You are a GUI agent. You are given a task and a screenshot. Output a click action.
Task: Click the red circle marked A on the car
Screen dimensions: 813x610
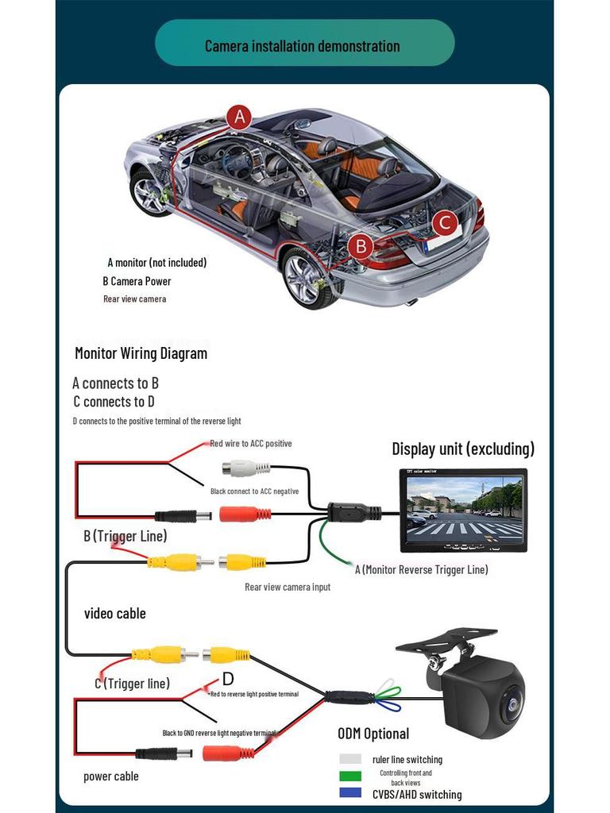[x=239, y=118]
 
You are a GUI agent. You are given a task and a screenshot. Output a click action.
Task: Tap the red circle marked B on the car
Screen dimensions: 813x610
[x=361, y=246]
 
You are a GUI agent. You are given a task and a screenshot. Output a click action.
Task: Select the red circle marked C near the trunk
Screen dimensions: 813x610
[x=445, y=223]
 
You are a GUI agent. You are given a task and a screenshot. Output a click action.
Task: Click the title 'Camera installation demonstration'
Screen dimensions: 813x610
[x=303, y=45]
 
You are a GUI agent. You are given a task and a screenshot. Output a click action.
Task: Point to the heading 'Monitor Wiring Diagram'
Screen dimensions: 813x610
[x=141, y=353]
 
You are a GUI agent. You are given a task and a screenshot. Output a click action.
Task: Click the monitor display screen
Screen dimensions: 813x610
[x=465, y=505]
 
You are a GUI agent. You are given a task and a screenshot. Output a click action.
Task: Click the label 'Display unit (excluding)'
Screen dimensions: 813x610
[x=463, y=449]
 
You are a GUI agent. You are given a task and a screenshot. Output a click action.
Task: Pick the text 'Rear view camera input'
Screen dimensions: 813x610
[x=288, y=587]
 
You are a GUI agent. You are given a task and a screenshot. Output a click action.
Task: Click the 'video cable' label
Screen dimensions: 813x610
[x=115, y=613]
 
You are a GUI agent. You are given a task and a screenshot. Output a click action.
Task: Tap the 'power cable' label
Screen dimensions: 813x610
[x=111, y=776]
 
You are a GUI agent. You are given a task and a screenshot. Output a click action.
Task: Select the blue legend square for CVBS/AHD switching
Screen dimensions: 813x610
[x=350, y=793]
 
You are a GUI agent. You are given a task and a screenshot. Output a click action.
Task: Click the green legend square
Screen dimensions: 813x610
[x=350, y=776]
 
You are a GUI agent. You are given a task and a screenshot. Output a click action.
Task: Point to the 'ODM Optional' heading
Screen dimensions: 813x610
[x=373, y=734]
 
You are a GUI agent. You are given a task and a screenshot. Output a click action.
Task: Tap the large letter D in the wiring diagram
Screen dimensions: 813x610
[x=228, y=679]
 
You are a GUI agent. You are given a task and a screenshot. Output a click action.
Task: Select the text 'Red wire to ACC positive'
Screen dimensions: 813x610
[x=251, y=444]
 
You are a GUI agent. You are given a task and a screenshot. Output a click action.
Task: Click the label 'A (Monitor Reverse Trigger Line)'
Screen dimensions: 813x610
[x=421, y=569]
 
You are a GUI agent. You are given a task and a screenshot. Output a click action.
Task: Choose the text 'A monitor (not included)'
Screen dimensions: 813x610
[x=157, y=262]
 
